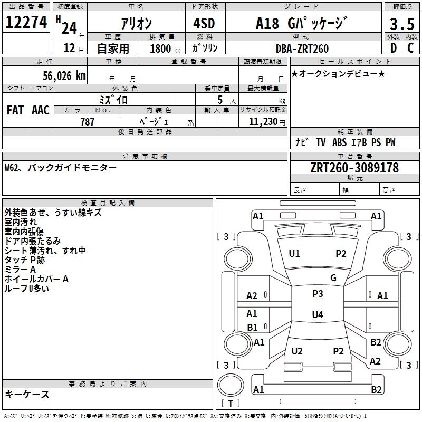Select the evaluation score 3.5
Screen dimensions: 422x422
click(x=401, y=24)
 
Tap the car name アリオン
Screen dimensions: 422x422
click(x=136, y=24)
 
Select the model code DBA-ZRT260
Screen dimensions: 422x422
click(x=302, y=49)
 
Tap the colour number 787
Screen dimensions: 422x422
click(x=88, y=122)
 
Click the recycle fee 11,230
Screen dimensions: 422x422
click(x=262, y=122)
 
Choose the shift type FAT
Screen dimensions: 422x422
click(x=15, y=110)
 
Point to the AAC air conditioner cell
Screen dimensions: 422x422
click(x=40, y=110)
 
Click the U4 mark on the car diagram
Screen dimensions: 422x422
click(x=317, y=315)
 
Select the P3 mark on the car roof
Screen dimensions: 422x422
click(x=318, y=293)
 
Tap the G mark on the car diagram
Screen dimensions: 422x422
click(x=333, y=278)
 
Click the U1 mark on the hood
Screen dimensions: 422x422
click(x=294, y=254)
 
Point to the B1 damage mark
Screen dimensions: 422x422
click(x=252, y=327)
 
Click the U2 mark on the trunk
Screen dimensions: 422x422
click(x=297, y=351)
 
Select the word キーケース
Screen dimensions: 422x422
click(x=27, y=395)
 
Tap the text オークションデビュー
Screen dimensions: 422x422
click(x=338, y=73)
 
